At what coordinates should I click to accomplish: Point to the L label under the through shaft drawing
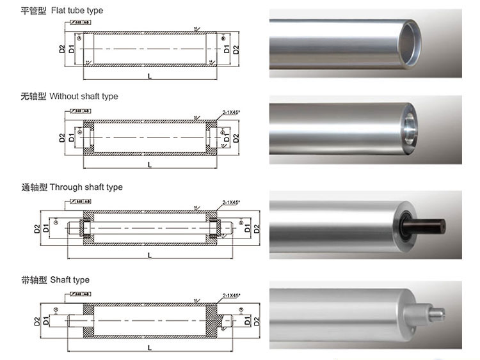[149, 254]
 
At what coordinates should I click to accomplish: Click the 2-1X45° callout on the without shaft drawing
[231, 112]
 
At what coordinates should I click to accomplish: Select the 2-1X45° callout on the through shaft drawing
[231, 202]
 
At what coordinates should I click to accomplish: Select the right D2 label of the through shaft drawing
[256, 228]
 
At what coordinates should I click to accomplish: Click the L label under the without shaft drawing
[149, 164]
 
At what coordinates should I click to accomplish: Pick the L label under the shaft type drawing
[149, 348]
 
